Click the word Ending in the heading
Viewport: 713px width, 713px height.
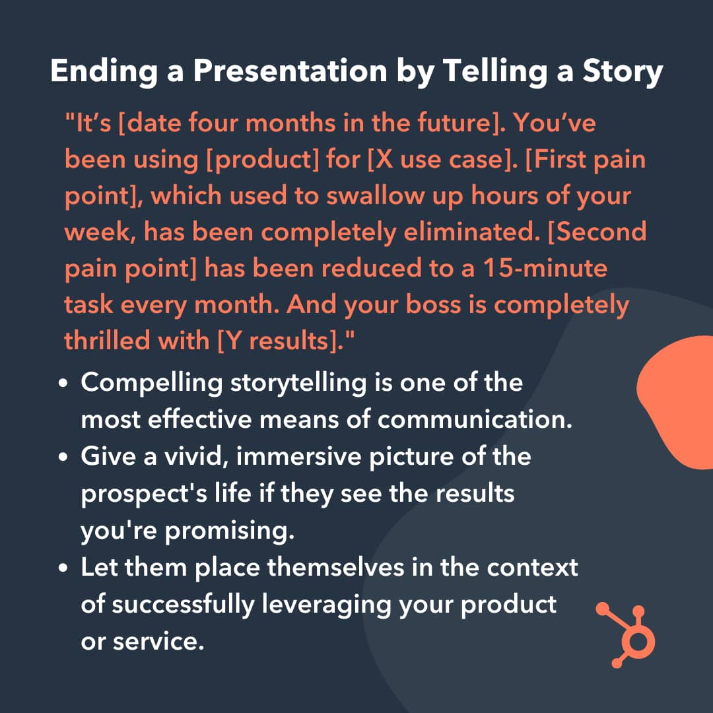104,72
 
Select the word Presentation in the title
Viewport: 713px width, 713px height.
290,71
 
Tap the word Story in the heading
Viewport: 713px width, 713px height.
623,72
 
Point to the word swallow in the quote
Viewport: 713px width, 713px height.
375,195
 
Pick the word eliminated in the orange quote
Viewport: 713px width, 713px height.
471,232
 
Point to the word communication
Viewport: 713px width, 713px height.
475,419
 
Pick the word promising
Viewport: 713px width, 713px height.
230,531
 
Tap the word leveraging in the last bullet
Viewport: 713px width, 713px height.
327,605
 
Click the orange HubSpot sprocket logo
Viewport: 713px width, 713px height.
626,635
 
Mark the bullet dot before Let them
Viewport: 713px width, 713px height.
63,568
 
